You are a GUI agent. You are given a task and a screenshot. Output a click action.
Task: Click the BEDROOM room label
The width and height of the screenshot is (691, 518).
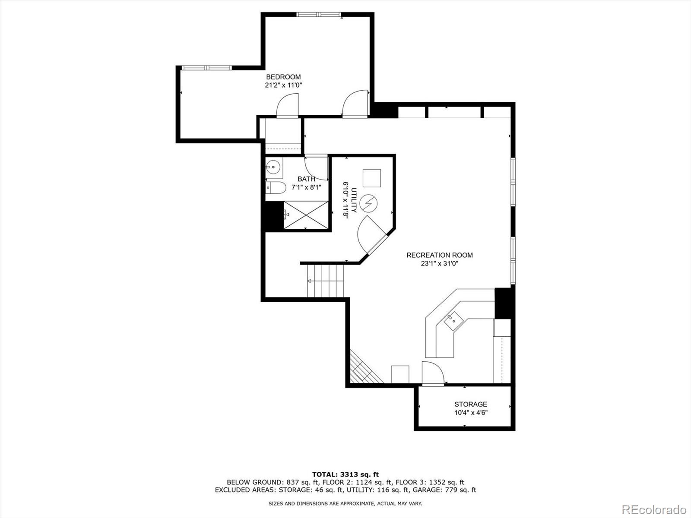pos(283,77)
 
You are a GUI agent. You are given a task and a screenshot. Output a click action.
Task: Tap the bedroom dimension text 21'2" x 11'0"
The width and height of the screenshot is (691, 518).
pos(283,85)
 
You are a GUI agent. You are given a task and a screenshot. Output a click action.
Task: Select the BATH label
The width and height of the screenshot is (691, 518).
pos(306,179)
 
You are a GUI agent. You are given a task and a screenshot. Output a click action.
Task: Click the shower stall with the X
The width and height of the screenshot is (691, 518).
pos(305,215)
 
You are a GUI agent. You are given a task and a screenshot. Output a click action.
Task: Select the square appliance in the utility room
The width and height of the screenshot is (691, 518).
pos(371,178)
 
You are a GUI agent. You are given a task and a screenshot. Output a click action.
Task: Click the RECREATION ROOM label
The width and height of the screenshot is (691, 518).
pos(439,255)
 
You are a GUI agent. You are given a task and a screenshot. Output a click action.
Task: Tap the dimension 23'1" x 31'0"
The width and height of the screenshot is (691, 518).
pos(439,264)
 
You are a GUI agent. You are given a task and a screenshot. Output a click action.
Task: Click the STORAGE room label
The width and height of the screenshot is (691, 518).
pos(470,404)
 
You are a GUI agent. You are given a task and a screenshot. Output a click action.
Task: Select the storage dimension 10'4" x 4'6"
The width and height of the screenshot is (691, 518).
pos(470,413)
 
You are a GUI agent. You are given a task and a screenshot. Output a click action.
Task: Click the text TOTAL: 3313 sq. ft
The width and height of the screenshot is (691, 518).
pos(345,474)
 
